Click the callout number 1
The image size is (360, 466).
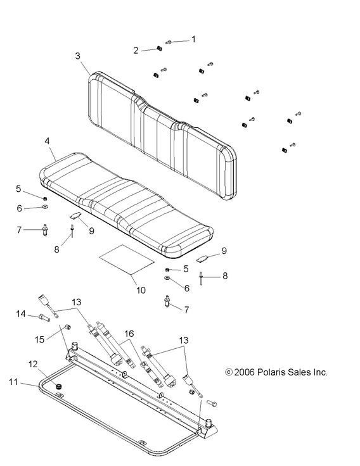[x=193, y=39]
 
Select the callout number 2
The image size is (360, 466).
[x=136, y=50]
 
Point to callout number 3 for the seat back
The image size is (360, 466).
[x=77, y=56]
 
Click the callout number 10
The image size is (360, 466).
[x=141, y=291]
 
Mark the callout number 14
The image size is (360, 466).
[x=20, y=313]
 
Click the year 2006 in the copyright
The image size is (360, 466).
[x=244, y=372]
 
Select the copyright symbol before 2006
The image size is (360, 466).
[x=229, y=372]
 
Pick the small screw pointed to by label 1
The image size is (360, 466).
[x=170, y=42]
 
